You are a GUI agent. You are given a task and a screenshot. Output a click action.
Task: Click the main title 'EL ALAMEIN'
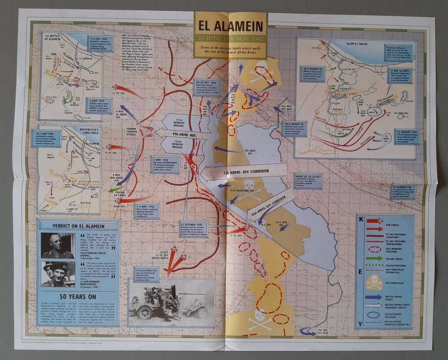point(231,27)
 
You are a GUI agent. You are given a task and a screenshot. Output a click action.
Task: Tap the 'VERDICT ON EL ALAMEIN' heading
point(78,226)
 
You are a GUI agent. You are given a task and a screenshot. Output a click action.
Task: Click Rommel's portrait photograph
point(58,246)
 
